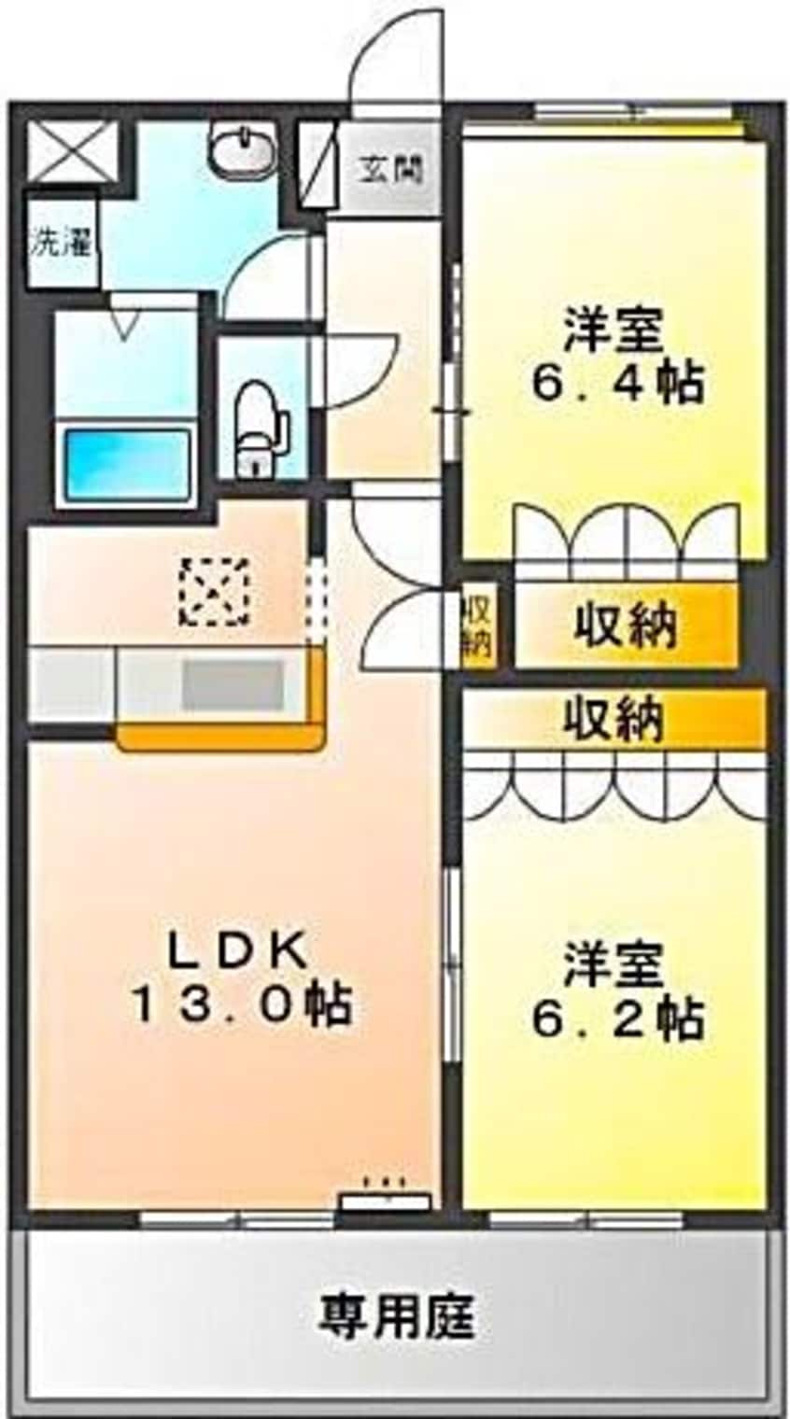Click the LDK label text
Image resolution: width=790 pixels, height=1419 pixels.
click(x=238, y=951)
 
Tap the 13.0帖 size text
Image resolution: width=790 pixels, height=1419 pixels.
click(x=240, y=1005)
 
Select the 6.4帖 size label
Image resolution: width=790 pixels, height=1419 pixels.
click(x=617, y=381)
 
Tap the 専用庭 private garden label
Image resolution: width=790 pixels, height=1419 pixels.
click(x=397, y=1315)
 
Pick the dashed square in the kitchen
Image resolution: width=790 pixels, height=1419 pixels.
click(x=215, y=591)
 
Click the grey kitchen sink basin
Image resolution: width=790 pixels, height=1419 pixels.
click(x=232, y=685)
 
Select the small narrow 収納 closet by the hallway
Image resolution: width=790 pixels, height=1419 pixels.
click(x=477, y=625)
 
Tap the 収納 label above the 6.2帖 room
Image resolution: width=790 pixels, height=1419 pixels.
click(x=614, y=719)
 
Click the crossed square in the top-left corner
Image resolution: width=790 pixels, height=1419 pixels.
click(x=72, y=152)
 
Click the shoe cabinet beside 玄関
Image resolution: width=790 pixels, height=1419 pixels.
click(x=317, y=164)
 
